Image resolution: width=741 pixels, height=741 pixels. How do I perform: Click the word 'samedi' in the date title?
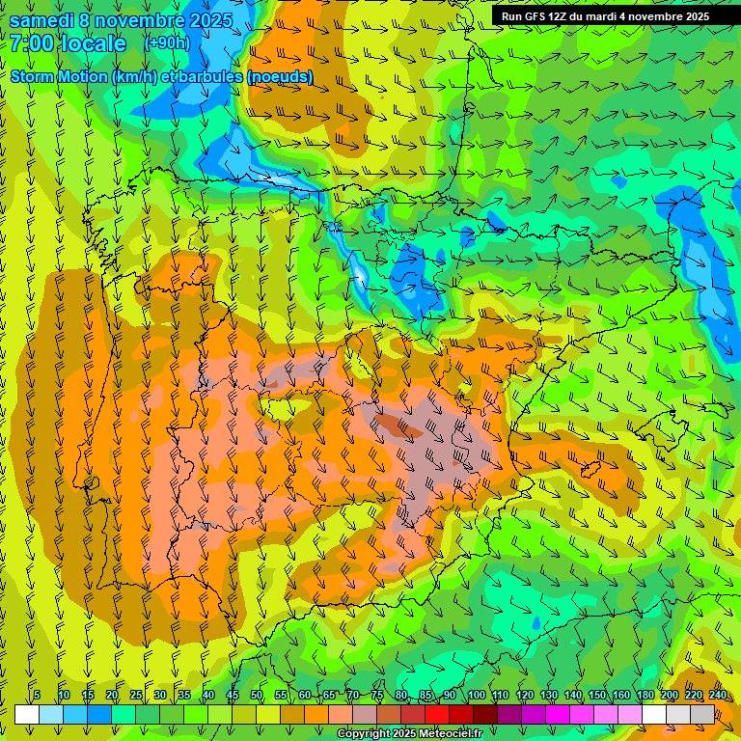click(x=43, y=20)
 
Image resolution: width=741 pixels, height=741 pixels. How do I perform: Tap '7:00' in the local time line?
click(x=31, y=43)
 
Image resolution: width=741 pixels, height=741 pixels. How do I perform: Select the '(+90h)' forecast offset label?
click(x=167, y=43)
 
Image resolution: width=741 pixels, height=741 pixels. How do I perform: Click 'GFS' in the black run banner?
click(x=539, y=16)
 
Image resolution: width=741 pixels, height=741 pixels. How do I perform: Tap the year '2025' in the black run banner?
click(x=694, y=16)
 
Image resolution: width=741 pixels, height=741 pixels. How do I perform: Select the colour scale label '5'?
click(x=37, y=696)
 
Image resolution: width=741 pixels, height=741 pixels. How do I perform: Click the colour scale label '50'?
click(x=257, y=696)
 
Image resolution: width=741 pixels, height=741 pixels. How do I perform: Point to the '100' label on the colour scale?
click(x=476, y=696)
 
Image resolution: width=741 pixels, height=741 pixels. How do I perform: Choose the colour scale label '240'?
click(x=718, y=696)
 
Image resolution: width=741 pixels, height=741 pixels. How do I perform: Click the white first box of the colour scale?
click(x=27, y=714)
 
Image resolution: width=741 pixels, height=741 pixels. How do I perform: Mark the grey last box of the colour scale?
click(x=702, y=714)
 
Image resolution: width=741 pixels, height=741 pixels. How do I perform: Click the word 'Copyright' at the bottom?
click(x=363, y=734)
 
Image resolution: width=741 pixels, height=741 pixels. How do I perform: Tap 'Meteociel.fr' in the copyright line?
click(x=448, y=734)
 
